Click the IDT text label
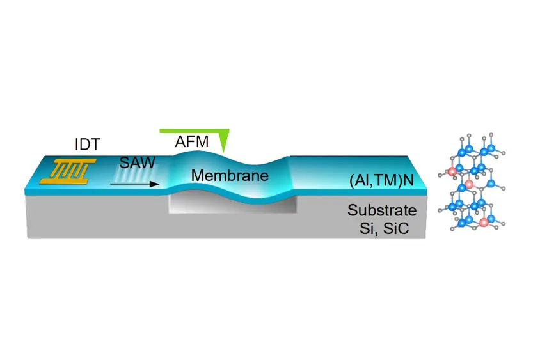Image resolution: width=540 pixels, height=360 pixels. pyautogui.click(x=88, y=145)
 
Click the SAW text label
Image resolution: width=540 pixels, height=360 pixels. pyautogui.click(x=138, y=162)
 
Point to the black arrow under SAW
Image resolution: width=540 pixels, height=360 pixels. pyautogui.click(x=134, y=184)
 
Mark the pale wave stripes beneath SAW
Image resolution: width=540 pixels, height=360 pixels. pyautogui.click(x=136, y=174)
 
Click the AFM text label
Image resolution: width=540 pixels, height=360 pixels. pyautogui.click(x=192, y=141)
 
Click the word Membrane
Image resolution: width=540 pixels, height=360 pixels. pyautogui.click(x=230, y=176)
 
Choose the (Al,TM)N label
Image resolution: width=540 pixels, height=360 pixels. pyautogui.click(x=381, y=180)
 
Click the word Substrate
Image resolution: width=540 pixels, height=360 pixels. pyautogui.click(x=382, y=210)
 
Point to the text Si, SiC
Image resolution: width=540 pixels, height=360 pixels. pyautogui.click(x=385, y=228)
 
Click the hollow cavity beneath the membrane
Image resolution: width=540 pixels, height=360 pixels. pyautogui.click(x=232, y=204)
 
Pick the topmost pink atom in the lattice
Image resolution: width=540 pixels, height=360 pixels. pyautogui.click(x=452, y=171)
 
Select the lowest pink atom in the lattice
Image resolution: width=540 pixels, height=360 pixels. pyautogui.click(x=483, y=222)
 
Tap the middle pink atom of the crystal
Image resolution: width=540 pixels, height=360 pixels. pyautogui.click(x=468, y=184)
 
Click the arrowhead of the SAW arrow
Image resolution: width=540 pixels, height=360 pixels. pyautogui.click(x=155, y=184)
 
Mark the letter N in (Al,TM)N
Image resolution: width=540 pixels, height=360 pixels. pyautogui.click(x=409, y=180)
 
